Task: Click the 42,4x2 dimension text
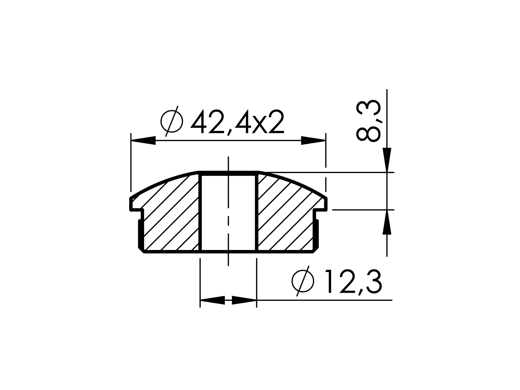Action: (x=238, y=122)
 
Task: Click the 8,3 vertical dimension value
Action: (x=369, y=121)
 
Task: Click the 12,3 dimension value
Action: (x=353, y=282)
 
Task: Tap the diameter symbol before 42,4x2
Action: (x=172, y=121)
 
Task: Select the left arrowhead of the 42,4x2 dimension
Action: (x=144, y=141)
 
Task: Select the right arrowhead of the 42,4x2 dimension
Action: (x=313, y=141)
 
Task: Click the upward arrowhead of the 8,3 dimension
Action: (x=387, y=223)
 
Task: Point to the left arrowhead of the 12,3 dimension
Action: (x=213, y=300)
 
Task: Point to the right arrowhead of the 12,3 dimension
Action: (x=244, y=300)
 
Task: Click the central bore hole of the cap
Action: (x=228, y=213)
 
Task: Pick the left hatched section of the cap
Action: (x=171, y=217)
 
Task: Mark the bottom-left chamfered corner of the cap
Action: (x=141, y=250)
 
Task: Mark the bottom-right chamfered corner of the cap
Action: (x=316, y=250)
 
